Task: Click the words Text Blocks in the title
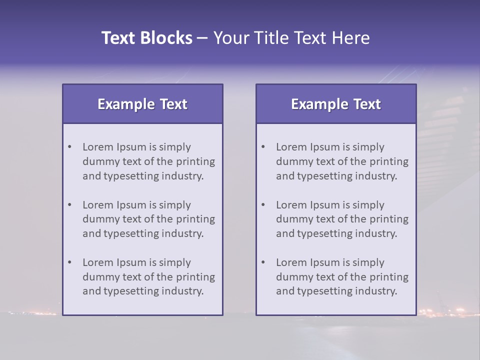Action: point(146,38)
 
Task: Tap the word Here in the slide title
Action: point(350,38)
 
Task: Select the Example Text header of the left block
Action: point(142,104)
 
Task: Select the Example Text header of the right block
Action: point(336,104)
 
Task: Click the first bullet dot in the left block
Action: point(70,147)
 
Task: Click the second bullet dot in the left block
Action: point(70,205)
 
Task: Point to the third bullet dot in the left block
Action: point(70,262)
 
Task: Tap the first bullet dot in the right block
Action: point(263,147)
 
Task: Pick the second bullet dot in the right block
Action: point(263,205)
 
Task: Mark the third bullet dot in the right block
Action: point(263,262)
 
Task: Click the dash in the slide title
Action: point(202,38)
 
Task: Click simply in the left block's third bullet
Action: point(175,262)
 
